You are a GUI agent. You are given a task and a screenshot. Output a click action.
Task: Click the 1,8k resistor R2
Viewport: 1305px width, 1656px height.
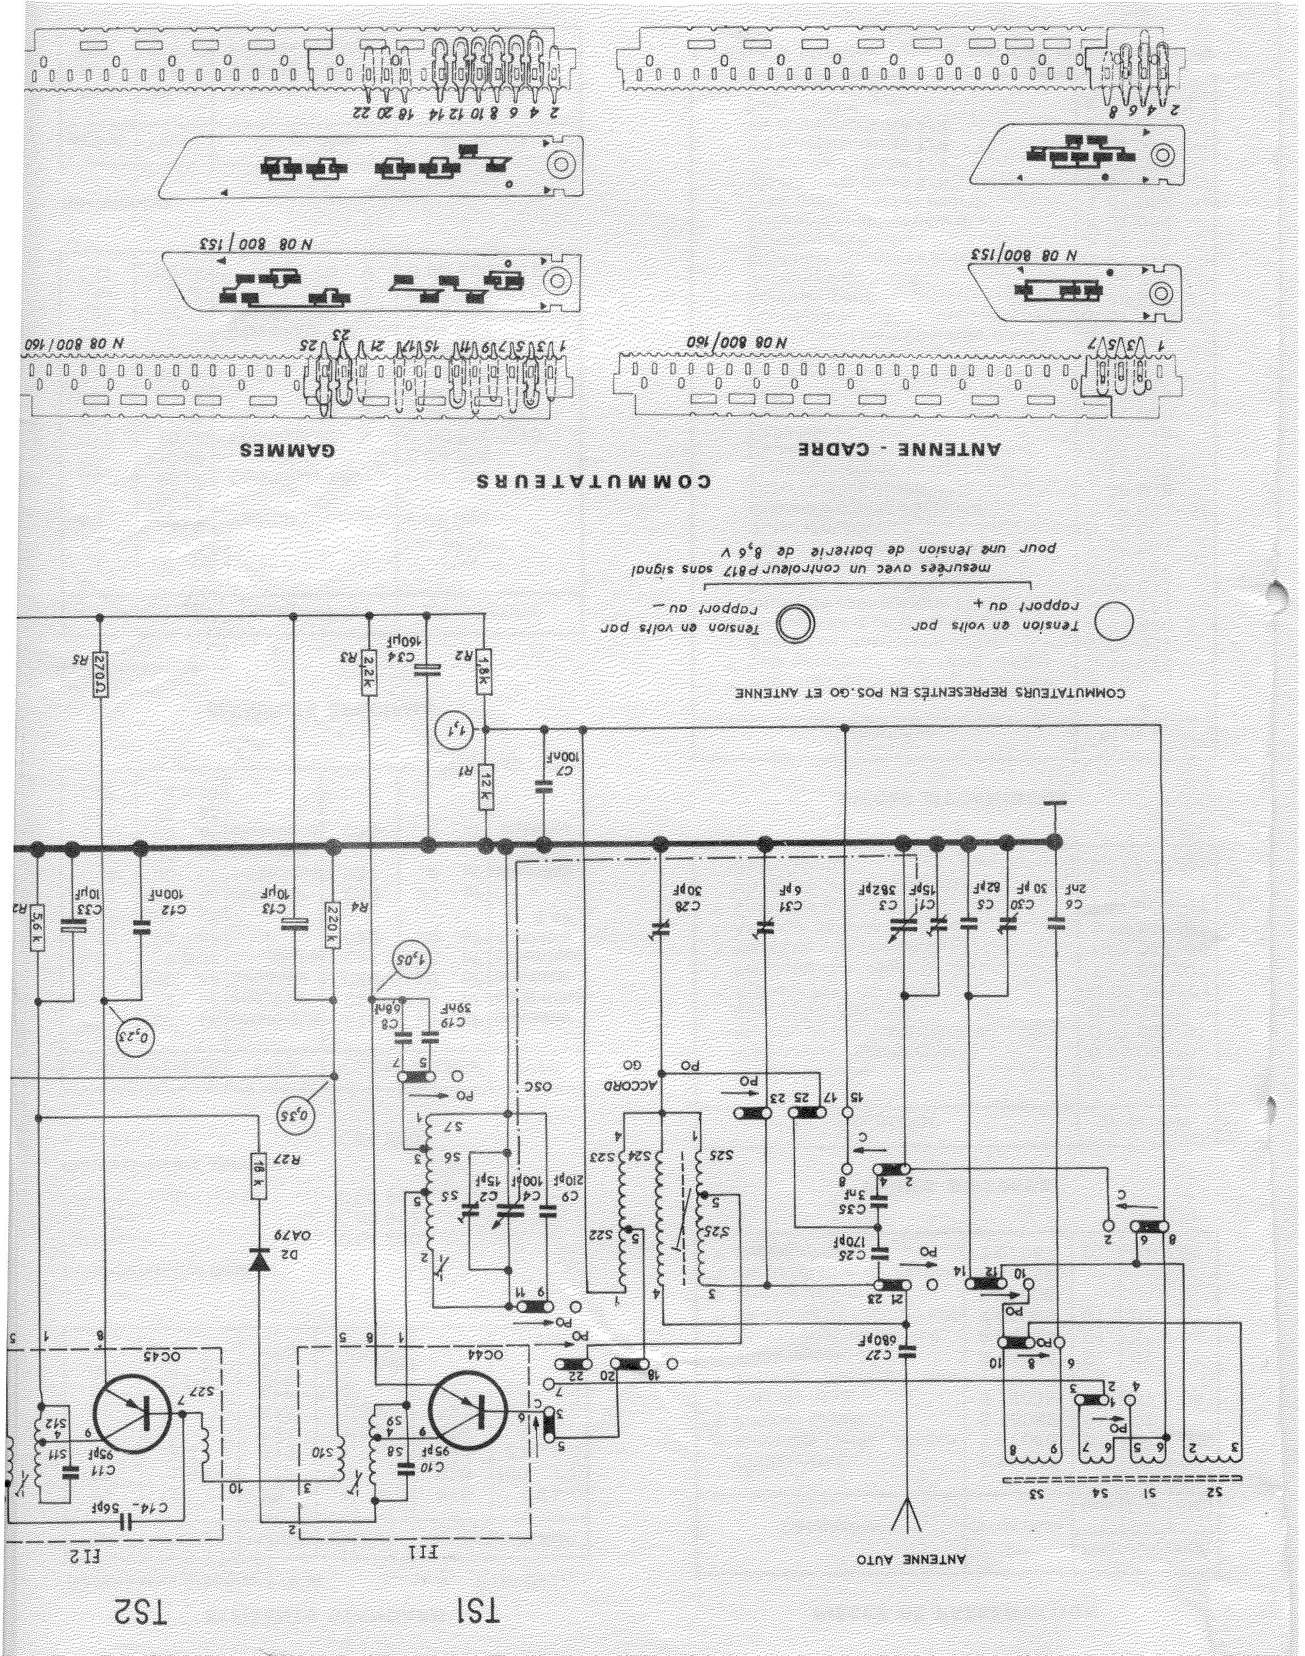click(x=484, y=672)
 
